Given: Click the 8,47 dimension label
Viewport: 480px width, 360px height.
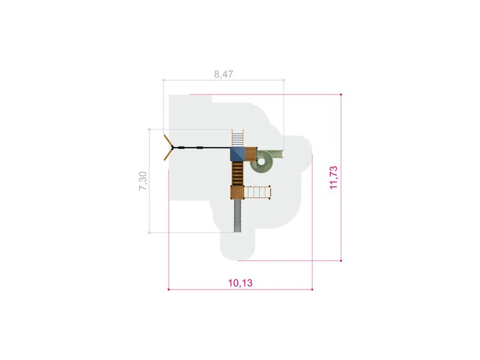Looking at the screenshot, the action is (x=223, y=74).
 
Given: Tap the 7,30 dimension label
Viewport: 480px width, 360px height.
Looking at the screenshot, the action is (x=143, y=181).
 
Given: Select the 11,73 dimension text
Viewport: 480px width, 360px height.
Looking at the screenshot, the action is (x=334, y=178).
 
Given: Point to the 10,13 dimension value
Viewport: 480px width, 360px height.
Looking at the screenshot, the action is (x=241, y=283).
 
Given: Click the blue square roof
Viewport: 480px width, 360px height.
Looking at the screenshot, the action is (x=237, y=154).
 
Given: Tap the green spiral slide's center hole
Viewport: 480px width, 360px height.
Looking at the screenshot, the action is (x=261, y=161).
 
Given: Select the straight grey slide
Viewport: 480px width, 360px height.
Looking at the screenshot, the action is (x=237, y=215).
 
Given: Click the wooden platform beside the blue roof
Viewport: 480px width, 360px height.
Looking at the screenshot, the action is (x=251, y=154).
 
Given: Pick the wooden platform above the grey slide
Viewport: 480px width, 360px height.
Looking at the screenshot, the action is (x=237, y=192).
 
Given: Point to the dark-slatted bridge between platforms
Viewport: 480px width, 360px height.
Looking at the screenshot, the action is (x=237, y=173).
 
